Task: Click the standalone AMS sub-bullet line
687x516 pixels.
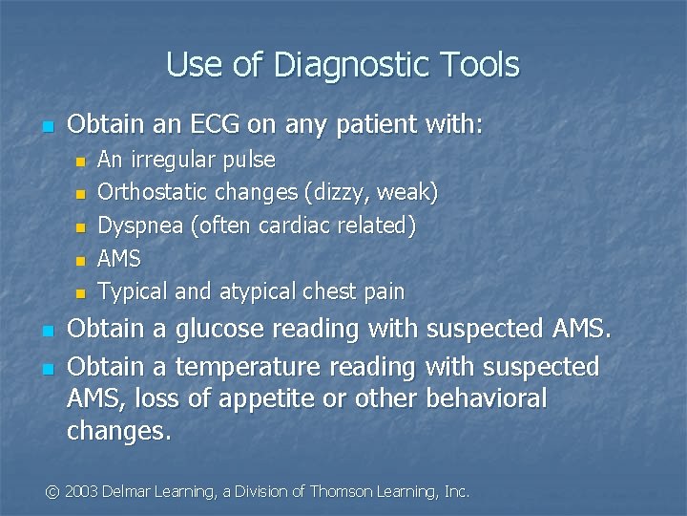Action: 119,259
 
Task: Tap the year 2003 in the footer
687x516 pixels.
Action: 83,491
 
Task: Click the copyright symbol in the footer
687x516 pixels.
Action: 52,491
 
